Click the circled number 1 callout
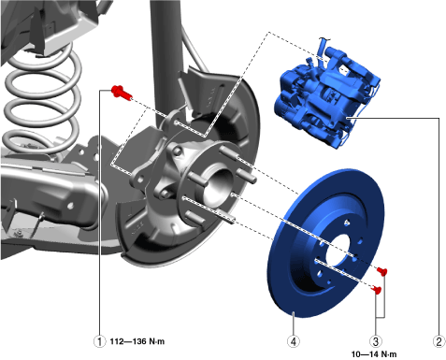coord(99,341)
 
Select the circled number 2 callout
coord(439,341)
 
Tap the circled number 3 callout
coord(376,341)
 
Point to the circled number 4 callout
coord(294,341)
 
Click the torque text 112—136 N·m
coord(137,341)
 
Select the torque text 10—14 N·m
coord(374,354)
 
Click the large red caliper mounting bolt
coord(122,92)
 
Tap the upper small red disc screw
coord(382,271)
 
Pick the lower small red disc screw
coord(377,290)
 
